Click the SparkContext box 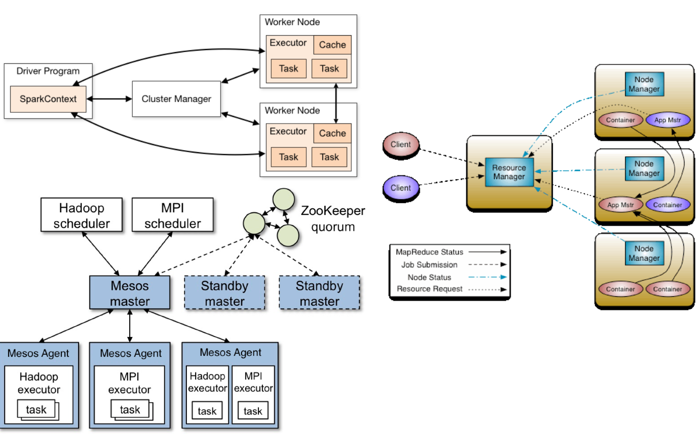click(48, 99)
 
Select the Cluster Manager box click(176, 99)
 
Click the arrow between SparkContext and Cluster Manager click(109, 99)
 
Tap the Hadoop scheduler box click(82, 216)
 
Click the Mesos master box click(130, 293)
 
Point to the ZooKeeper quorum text click(332, 219)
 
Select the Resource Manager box click(509, 172)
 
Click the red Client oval click(400, 144)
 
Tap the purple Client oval click(400, 188)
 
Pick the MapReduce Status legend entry click(429, 252)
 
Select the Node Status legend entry click(429, 277)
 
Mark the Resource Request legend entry click(429, 289)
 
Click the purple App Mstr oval click(668, 120)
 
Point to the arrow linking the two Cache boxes click(337, 105)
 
